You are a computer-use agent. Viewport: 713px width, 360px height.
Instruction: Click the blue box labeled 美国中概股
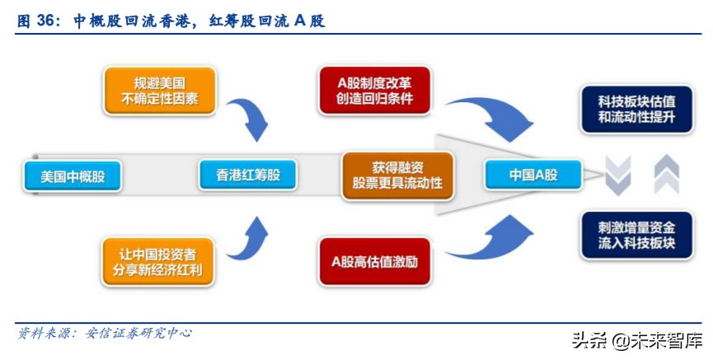73,176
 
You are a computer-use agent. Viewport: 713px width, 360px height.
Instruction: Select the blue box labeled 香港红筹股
247,175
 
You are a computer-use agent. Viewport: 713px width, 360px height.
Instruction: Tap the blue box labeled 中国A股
533,175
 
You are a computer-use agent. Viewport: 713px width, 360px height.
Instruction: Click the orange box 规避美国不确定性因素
160,91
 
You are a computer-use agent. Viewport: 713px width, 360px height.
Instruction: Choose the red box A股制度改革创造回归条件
375,91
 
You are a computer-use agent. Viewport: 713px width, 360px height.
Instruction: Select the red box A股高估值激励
375,261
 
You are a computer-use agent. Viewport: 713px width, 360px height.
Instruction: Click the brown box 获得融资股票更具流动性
397,175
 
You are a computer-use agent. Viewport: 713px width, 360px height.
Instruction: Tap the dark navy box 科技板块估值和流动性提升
636,110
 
